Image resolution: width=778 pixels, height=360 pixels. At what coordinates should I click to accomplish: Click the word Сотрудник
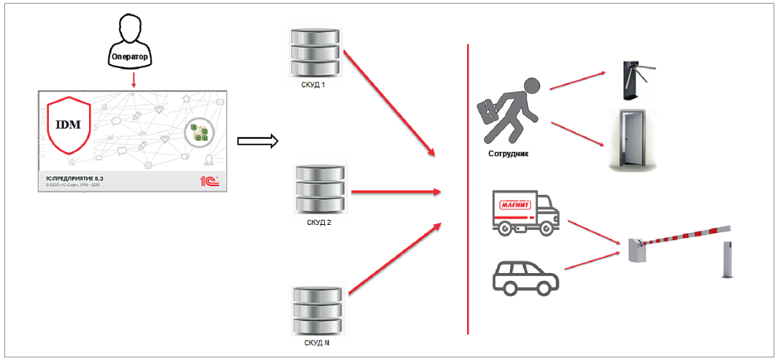coord(509,154)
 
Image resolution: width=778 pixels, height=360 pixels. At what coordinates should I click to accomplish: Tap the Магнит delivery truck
coord(525,212)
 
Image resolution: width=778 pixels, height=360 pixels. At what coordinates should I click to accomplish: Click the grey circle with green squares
coord(199,132)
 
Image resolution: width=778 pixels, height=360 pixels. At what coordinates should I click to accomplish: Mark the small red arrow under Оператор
coord(133,80)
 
